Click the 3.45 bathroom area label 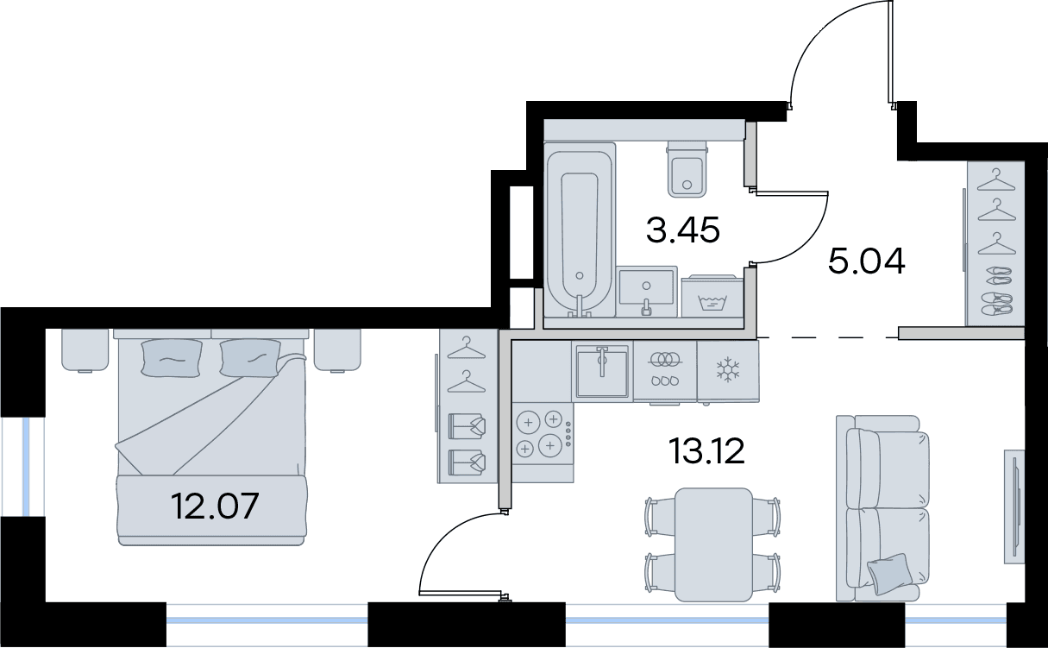682,230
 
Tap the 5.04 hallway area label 867,261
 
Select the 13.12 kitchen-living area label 706,451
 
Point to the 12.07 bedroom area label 215,506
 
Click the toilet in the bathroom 687,169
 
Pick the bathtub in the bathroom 580,230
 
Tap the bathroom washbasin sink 647,291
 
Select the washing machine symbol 712,297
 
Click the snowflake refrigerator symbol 728,369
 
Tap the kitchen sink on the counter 602,372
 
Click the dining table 713,544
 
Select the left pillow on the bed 173,357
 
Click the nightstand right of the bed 337,350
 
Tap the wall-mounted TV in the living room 1014,506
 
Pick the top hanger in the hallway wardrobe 996,179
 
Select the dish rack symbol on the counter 665,369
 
